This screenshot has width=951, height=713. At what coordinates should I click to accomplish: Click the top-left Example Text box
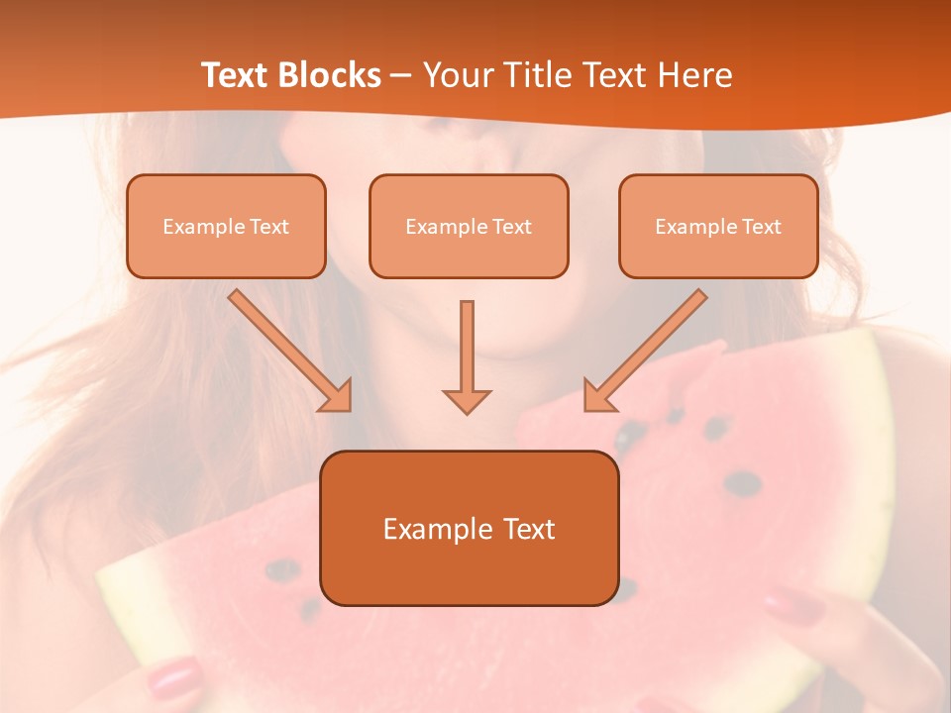[x=226, y=226]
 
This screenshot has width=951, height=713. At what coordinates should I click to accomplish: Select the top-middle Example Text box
[x=469, y=226]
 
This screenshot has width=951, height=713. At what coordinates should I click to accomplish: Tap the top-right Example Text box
[x=718, y=226]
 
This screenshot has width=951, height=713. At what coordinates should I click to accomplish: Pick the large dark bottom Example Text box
[x=469, y=528]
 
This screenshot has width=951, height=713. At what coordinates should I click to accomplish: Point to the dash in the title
[x=401, y=76]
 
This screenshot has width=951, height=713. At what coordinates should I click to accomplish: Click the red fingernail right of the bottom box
[x=793, y=603]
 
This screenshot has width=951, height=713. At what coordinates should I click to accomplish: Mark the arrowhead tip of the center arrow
[x=467, y=411]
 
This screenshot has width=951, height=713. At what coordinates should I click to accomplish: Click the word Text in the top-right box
[x=761, y=227]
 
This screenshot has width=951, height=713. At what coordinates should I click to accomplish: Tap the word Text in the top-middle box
[x=511, y=227]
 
